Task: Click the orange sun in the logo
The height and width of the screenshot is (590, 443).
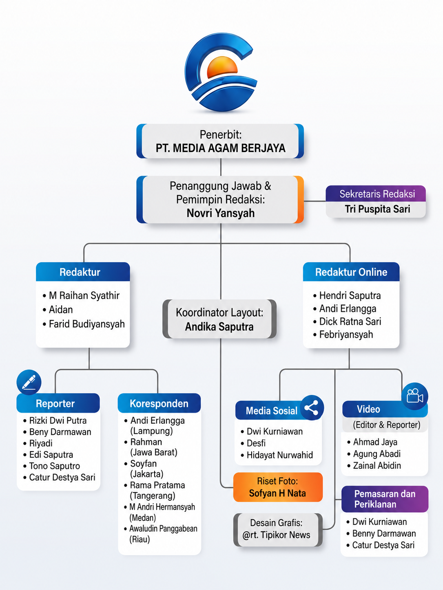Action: pyautogui.click(x=222, y=68)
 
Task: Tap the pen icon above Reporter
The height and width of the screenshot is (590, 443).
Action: pyautogui.click(x=29, y=382)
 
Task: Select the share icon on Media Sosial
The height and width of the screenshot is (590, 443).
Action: pyautogui.click(x=312, y=407)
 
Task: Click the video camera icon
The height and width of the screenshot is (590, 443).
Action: pyautogui.click(x=414, y=396)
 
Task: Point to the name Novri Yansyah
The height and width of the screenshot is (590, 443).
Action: pyautogui.click(x=221, y=213)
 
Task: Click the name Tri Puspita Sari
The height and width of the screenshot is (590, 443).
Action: pyautogui.click(x=377, y=209)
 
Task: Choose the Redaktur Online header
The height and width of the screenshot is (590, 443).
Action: pyautogui.click(x=351, y=272)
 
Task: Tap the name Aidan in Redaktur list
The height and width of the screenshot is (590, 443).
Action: pyautogui.click(x=61, y=310)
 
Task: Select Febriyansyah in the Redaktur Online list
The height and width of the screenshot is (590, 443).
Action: pyautogui.click(x=346, y=335)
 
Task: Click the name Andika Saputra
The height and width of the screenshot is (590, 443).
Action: pyautogui.click(x=219, y=327)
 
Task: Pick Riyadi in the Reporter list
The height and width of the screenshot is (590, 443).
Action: pyautogui.click(x=41, y=443)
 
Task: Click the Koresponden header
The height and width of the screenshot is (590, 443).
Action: pyautogui.click(x=159, y=403)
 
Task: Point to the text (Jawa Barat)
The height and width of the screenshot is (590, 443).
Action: pyautogui.click(x=154, y=452)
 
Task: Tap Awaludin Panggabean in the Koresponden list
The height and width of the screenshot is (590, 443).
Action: pyautogui.click(x=163, y=528)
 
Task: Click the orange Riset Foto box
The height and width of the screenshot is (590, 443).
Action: pyautogui.click(x=278, y=487)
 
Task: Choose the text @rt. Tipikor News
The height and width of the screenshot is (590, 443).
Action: pyautogui.click(x=276, y=535)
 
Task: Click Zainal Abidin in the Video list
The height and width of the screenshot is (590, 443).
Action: pyautogui.click(x=377, y=466)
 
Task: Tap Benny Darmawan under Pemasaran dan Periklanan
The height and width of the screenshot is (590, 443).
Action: pyautogui.click(x=384, y=533)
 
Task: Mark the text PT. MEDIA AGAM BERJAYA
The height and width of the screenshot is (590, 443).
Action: pyautogui.click(x=221, y=148)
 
